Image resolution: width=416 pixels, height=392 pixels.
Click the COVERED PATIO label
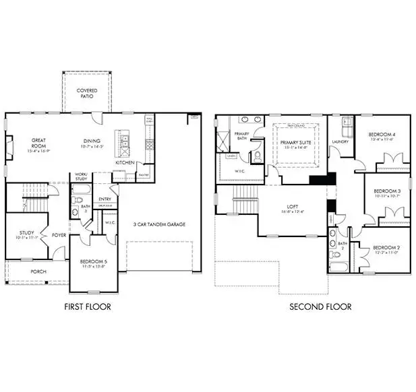86,93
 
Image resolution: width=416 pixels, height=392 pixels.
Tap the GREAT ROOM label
38,145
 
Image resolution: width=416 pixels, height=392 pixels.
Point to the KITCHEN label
125,163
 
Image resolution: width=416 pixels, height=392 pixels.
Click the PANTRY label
143,174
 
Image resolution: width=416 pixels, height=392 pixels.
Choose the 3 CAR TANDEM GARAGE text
158,224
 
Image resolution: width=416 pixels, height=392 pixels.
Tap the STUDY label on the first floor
26,234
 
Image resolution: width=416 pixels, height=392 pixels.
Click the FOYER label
59,236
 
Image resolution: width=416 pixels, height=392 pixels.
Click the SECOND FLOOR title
320,307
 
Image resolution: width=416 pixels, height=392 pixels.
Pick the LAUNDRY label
340,142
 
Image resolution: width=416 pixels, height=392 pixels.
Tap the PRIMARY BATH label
242,135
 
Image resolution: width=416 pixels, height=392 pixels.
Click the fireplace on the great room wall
8,148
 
